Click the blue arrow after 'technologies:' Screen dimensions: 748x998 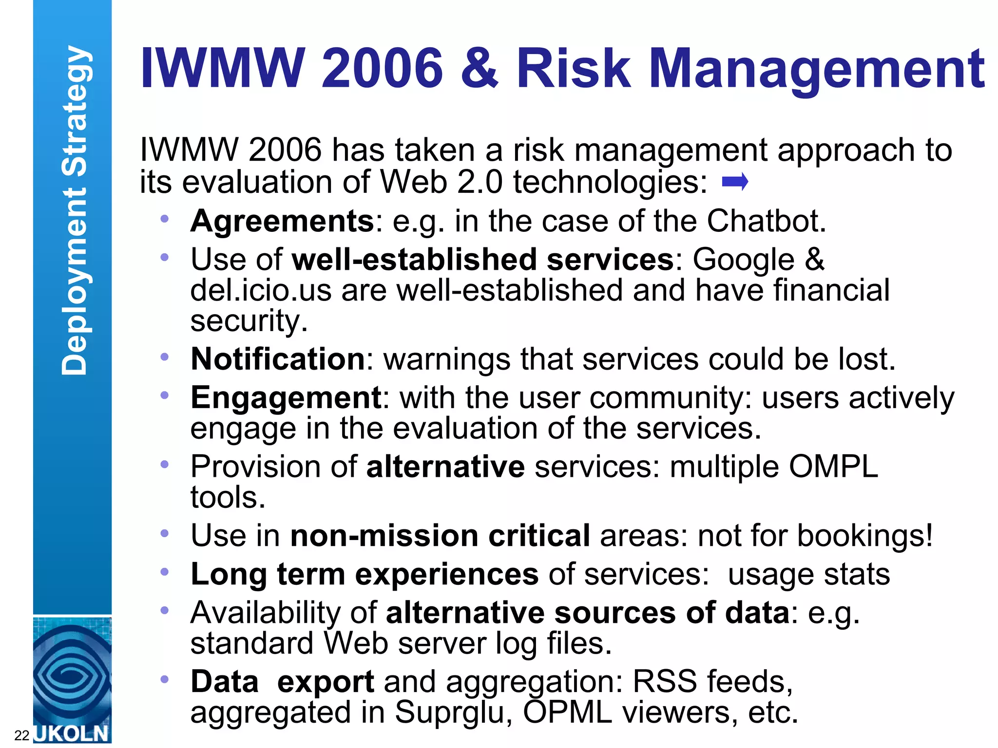(x=735, y=183)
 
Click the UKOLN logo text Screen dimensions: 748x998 (x=72, y=733)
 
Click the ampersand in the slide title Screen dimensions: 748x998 (x=480, y=68)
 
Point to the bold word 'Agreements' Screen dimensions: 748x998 (x=282, y=222)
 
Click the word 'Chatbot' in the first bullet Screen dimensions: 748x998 (x=766, y=222)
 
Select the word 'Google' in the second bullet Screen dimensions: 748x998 (x=744, y=259)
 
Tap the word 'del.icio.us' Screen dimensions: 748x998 (x=261, y=290)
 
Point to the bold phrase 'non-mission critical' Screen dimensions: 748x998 (x=440, y=536)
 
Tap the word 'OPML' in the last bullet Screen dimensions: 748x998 (x=567, y=712)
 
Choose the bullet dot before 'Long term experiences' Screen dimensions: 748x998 (x=165, y=572)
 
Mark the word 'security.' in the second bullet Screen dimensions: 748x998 (x=249, y=321)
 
